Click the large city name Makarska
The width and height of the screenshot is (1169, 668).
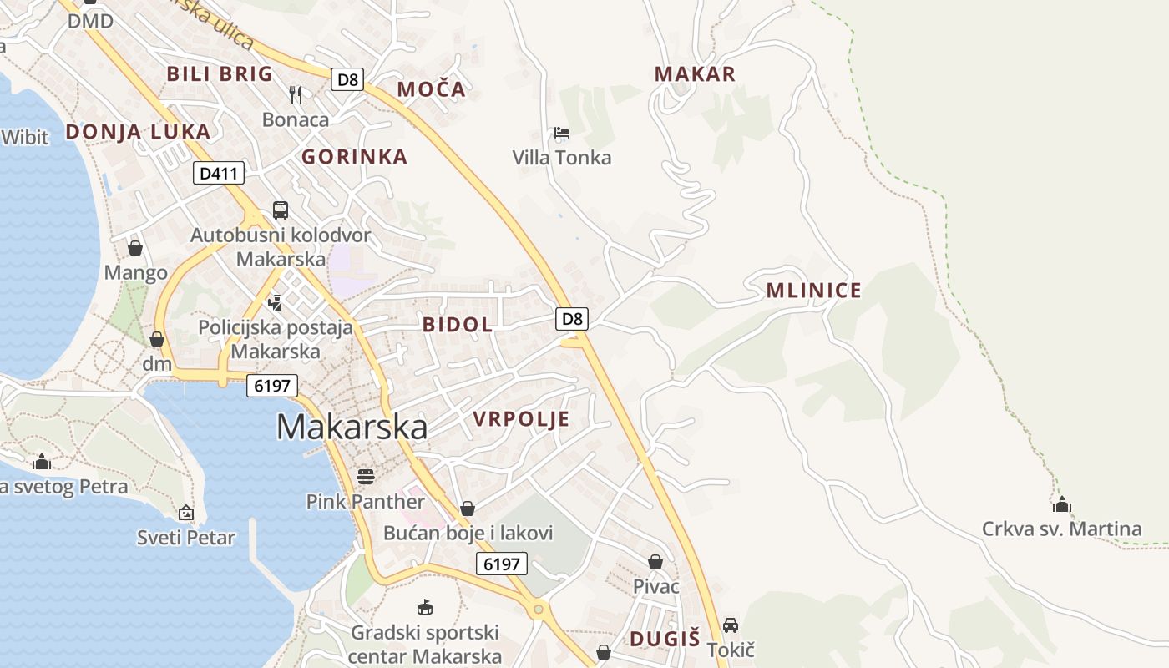352,427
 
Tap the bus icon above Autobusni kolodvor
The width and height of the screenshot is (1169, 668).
281,210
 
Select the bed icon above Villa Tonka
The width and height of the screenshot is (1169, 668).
562,133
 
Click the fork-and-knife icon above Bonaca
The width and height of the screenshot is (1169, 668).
296,94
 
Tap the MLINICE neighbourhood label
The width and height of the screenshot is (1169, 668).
813,291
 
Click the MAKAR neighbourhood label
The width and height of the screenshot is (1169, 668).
695,74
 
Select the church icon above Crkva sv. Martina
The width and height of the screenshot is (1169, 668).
1062,504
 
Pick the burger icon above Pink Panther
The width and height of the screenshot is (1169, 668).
366,477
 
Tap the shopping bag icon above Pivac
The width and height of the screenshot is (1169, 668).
655,562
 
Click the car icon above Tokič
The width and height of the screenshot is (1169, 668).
731,625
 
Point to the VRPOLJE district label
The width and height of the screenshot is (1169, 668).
521,419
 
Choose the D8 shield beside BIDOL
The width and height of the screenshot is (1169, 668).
572,318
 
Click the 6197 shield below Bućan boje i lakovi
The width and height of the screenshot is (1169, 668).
502,564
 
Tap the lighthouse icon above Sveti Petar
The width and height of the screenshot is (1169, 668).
186,513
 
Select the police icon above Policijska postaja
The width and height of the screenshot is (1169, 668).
276,302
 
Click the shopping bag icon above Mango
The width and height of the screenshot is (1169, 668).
135,248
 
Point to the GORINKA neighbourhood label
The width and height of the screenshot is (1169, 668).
354,157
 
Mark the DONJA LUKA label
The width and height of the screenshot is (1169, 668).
138,132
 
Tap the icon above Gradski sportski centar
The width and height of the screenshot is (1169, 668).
425,606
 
